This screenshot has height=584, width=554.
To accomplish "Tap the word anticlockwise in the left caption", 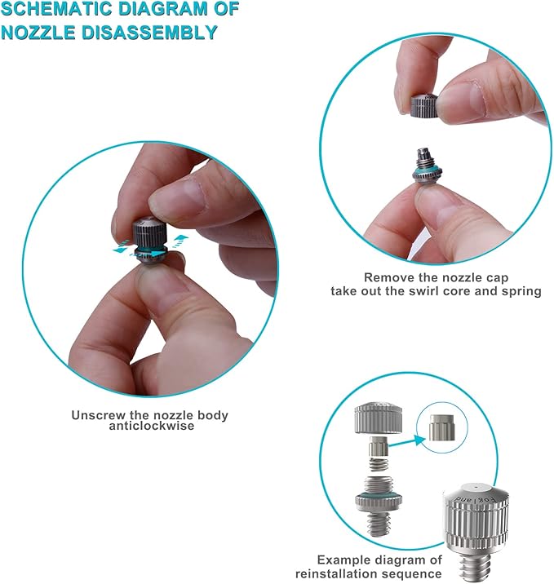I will [148, 426].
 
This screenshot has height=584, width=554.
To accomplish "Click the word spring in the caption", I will [521, 291].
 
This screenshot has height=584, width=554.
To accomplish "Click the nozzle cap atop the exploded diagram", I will [375, 421].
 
